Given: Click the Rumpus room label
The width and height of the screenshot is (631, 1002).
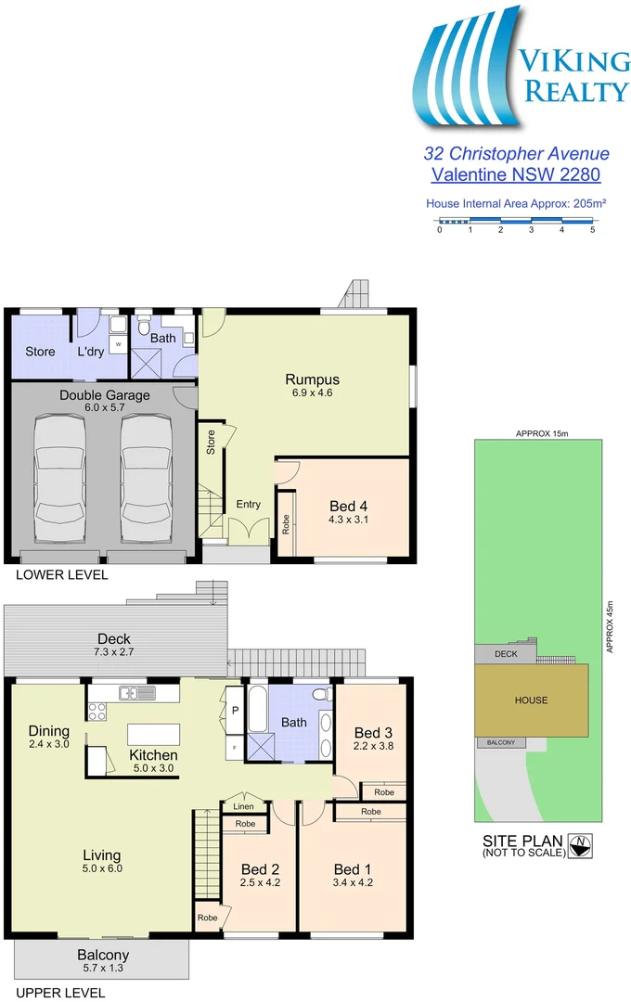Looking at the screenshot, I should click(312, 379).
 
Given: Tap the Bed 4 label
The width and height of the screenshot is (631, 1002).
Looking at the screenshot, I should click(349, 506).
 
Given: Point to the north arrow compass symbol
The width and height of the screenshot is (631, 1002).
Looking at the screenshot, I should click(582, 844).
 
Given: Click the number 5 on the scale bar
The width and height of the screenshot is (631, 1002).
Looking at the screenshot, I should click(592, 229).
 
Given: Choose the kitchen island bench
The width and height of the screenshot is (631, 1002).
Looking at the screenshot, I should click(153, 734).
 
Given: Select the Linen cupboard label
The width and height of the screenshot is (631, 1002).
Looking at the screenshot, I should click(243, 806).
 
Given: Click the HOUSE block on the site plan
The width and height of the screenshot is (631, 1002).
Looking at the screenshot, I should click(532, 700).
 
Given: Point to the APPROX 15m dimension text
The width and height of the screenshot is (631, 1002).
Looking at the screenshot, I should click(537, 433).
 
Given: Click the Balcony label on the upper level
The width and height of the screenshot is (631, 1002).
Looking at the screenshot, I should click(103, 955).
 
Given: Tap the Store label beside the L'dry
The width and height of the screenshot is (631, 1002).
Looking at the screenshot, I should click(40, 352).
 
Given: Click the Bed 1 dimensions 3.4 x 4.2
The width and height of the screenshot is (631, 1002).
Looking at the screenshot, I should click(353, 882).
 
